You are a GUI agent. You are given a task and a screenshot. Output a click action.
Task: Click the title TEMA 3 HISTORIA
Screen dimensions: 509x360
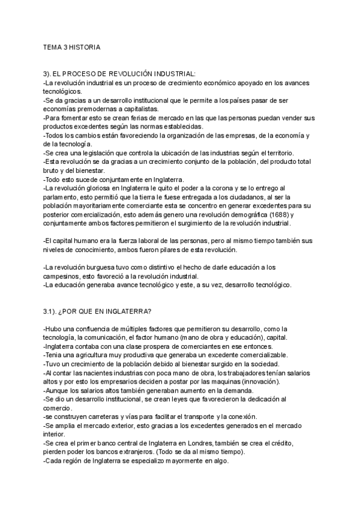(71, 46)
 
